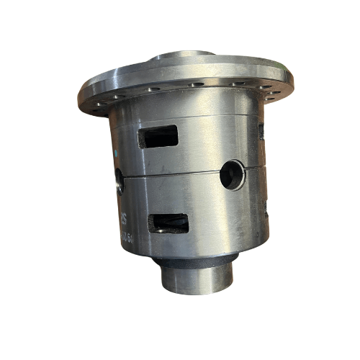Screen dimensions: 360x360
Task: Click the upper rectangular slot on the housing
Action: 159,136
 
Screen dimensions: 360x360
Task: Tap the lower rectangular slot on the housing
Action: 168,223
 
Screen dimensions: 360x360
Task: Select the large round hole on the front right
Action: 233,174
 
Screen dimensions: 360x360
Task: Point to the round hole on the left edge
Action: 119,181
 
